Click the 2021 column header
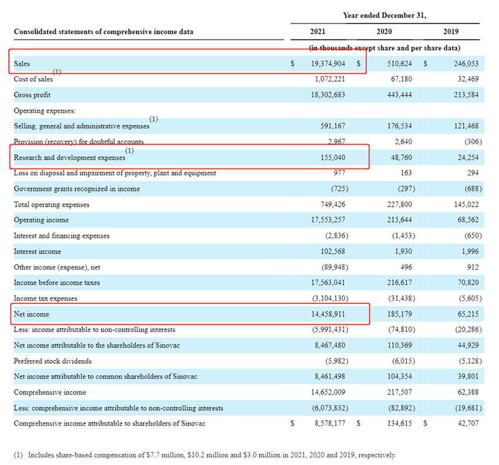(317, 32)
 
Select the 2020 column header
(384, 32)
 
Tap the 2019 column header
(451, 32)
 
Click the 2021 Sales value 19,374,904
(328, 64)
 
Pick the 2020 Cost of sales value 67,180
(401, 79)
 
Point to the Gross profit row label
(32, 95)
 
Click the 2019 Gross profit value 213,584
(466, 95)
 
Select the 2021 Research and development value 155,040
(333, 158)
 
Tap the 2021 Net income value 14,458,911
(328, 315)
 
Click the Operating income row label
(41, 220)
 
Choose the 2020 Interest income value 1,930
(403, 252)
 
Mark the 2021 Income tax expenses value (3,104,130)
(330, 298)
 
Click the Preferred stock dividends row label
(52, 361)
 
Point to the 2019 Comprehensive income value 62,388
(468, 393)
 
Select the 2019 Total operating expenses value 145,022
(466, 205)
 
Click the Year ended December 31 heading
(385, 16)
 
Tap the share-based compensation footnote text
(205, 455)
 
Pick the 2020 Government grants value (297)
(407, 189)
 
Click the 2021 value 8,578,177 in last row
(330, 424)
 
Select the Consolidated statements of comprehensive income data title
(104, 32)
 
